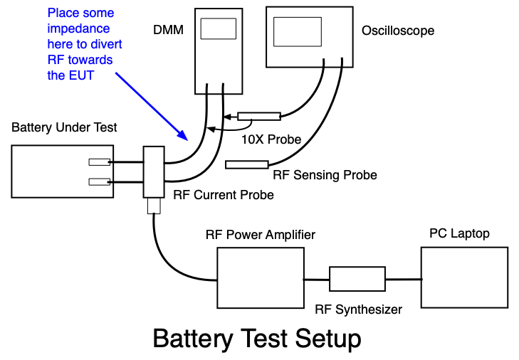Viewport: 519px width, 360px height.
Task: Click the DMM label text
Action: (x=168, y=30)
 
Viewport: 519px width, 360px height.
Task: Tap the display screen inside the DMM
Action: (x=219, y=28)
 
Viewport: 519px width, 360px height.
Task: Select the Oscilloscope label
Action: (x=398, y=31)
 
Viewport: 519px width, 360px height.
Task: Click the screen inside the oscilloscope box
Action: (x=298, y=32)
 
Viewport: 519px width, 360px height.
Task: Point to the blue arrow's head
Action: (x=183, y=135)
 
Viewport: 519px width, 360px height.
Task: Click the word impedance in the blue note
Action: (x=78, y=28)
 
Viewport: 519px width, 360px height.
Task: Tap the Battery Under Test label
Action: (x=64, y=127)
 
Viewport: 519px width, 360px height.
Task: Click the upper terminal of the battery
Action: (x=99, y=162)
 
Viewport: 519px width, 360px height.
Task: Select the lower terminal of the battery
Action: (x=99, y=182)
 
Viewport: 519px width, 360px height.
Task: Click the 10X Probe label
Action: (x=271, y=139)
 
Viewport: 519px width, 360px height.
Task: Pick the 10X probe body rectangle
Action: (x=259, y=116)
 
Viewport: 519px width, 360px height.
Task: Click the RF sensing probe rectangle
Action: (x=247, y=164)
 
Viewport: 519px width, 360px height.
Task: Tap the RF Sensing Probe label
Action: (x=325, y=175)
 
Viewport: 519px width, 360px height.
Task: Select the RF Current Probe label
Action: (x=224, y=195)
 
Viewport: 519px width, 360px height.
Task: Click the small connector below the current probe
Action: (x=154, y=206)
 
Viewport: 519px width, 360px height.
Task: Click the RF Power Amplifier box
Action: (x=261, y=278)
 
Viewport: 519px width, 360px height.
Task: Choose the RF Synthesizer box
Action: (x=357, y=279)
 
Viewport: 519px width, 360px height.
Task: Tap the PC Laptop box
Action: (x=464, y=277)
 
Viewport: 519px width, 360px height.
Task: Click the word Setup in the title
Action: (x=327, y=339)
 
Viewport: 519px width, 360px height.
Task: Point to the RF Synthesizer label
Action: (x=359, y=309)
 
